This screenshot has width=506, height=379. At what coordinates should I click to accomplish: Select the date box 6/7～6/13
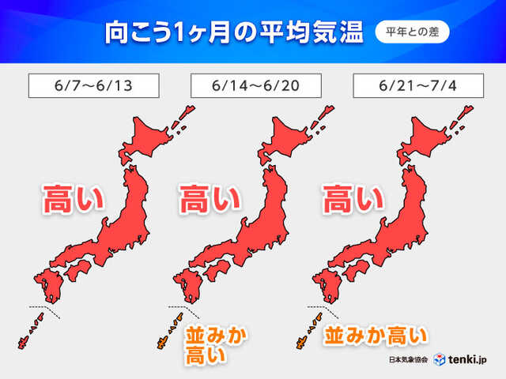[93, 84]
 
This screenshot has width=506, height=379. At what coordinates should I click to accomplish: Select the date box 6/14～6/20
[255, 84]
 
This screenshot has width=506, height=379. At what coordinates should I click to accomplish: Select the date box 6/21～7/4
[417, 84]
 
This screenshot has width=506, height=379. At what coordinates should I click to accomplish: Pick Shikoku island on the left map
[75, 272]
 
